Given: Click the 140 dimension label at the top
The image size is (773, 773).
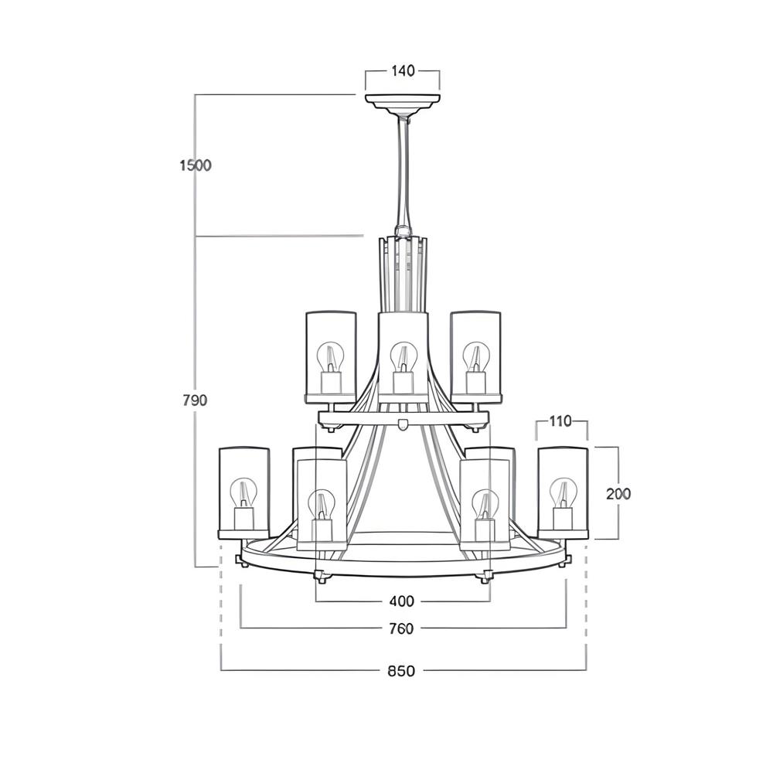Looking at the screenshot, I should (x=403, y=71).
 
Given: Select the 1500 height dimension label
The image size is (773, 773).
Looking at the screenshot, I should (x=195, y=165).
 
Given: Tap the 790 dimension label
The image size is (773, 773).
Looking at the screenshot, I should (x=195, y=400).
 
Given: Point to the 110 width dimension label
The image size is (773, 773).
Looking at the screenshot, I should (x=561, y=421).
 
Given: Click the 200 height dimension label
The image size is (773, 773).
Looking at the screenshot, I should (x=618, y=493).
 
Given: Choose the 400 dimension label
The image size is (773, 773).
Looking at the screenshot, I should (x=402, y=601).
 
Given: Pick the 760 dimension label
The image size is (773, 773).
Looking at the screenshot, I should (x=402, y=628).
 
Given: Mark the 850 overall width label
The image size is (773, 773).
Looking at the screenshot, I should (x=402, y=670).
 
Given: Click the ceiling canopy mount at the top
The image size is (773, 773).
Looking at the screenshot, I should (x=402, y=103).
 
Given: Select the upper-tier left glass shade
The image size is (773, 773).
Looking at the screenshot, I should (x=331, y=356).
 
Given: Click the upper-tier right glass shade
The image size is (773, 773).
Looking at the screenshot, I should (x=475, y=356).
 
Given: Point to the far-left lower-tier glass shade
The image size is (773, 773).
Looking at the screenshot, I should (x=243, y=492).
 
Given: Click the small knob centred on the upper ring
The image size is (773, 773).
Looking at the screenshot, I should (x=402, y=423).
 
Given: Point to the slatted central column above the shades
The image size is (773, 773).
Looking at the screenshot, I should (x=402, y=274).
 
